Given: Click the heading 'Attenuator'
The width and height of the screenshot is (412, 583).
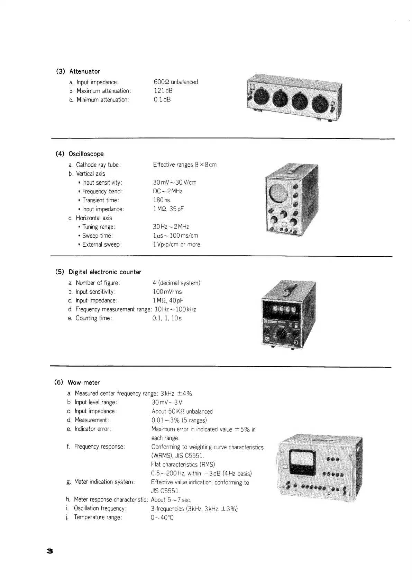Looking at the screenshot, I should (84, 71).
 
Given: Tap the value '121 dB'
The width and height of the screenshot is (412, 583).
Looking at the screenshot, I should (163, 91).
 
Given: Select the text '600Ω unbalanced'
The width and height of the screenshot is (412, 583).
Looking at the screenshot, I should (176, 82).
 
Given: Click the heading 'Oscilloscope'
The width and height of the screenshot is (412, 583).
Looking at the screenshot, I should (86, 154).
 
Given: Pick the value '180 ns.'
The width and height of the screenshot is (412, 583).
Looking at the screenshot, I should (162, 200).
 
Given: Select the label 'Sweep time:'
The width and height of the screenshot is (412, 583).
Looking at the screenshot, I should (98, 236).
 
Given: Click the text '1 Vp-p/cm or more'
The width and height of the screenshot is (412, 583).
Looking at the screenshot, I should (176, 245).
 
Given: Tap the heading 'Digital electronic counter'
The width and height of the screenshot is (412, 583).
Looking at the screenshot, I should (105, 272).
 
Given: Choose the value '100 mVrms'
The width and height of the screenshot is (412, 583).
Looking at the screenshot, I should (167, 292).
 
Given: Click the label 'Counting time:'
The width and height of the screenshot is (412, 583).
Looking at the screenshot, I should (94, 318).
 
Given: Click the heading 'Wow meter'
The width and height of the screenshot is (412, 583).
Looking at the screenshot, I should (84, 383).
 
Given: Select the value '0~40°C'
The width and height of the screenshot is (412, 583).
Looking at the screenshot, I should (163, 518).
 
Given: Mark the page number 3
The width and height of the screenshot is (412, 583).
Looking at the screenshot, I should (49, 551).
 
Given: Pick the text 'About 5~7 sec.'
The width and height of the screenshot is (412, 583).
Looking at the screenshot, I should (171, 500).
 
